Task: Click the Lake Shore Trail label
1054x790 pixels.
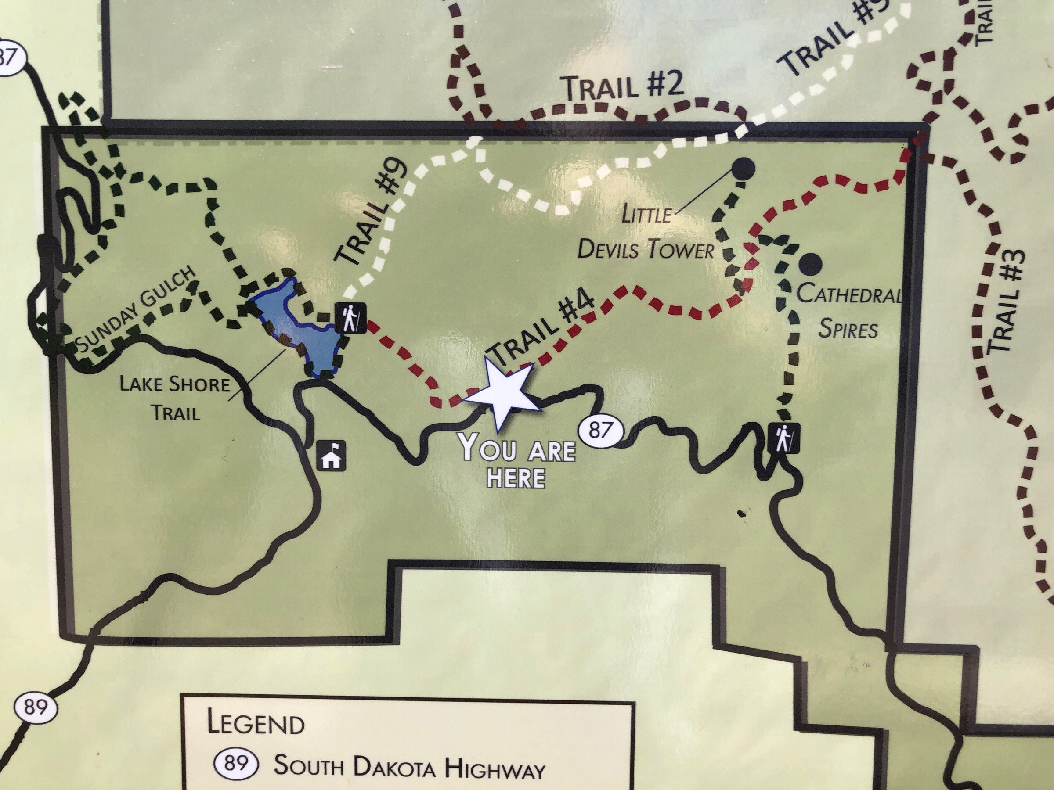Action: click(x=174, y=398)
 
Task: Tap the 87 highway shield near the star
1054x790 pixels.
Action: click(x=600, y=431)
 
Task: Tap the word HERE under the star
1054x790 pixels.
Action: click(x=516, y=478)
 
